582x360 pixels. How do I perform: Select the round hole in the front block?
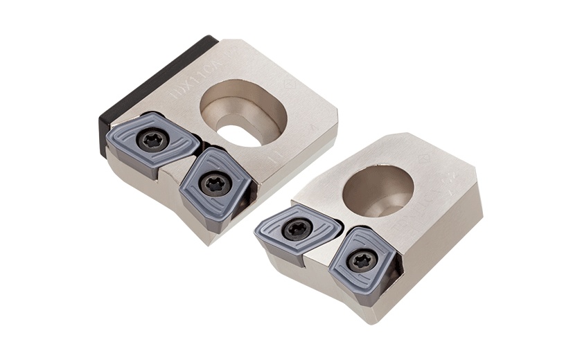pos(378,188)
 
